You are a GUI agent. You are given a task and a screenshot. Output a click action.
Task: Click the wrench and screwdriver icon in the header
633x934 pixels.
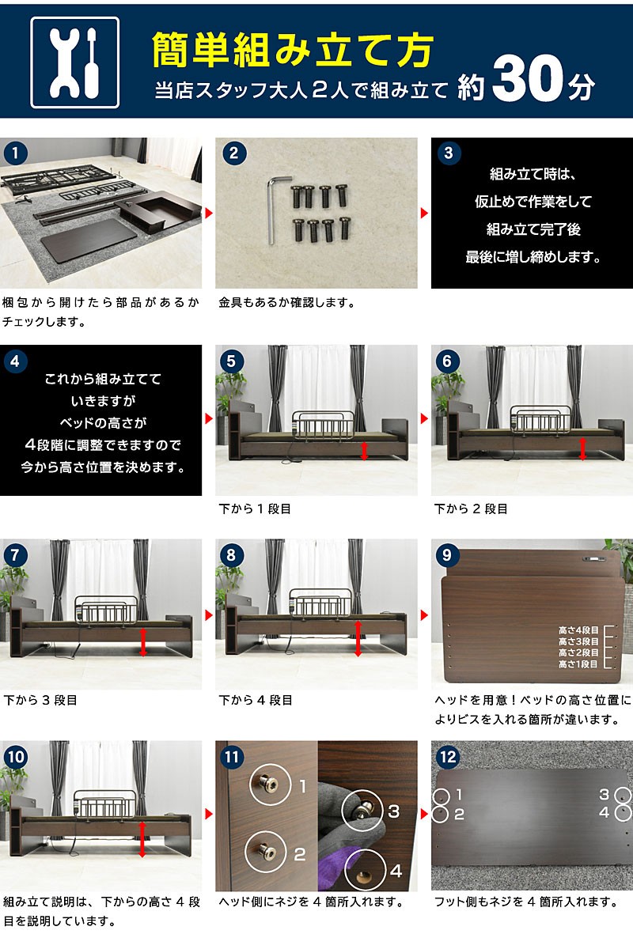[75, 62]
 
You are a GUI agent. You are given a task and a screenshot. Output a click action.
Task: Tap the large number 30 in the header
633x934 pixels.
[527, 78]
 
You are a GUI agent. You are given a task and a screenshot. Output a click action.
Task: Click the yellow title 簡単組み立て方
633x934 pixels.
[292, 50]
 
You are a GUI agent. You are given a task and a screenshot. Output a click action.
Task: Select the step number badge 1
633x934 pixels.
[16, 153]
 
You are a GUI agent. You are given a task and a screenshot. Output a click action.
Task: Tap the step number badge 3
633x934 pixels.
[448, 153]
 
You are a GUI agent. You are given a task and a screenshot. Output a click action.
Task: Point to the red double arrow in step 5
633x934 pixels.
[364, 451]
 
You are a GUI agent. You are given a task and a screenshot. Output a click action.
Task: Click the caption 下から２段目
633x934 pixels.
[471, 509]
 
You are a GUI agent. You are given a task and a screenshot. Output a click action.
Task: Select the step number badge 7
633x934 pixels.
[16, 555]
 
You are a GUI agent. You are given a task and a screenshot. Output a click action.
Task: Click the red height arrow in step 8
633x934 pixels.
[358, 638]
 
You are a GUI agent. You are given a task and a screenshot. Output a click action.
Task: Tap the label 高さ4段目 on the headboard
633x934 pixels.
[578, 630]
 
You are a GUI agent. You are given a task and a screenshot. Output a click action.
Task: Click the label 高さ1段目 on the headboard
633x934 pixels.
[578, 664]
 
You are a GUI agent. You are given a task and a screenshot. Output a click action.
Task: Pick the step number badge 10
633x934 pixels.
[16, 757]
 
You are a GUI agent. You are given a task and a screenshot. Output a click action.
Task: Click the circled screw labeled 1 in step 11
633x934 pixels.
[270, 785]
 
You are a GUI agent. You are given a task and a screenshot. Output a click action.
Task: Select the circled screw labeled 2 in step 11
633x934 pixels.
[266, 853]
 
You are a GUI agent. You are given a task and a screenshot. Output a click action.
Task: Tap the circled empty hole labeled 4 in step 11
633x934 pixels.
[365, 871]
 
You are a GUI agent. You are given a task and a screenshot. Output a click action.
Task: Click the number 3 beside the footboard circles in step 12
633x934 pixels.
[604, 795]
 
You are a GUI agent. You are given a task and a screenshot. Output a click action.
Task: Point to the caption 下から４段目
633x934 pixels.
[256, 701]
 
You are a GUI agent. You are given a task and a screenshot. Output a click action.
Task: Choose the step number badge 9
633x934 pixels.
[447, 555]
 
